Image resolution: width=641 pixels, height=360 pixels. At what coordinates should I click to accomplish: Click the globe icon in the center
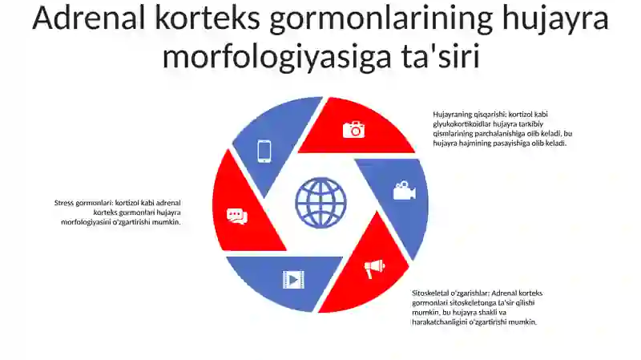point(320,203)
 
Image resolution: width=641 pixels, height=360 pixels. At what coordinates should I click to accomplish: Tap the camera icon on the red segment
point(353,129)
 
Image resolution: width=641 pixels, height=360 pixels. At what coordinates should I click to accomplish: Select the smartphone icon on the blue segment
point(264,151)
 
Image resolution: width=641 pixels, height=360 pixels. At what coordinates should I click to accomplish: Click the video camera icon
point(404,191)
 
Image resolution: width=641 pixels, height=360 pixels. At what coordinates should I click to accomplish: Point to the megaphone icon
point(375,269)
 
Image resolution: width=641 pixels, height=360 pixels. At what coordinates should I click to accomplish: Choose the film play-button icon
point(293,278)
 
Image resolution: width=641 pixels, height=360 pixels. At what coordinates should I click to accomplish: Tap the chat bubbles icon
point(236,216)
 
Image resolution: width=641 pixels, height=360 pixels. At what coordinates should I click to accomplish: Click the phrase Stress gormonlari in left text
point(83,203)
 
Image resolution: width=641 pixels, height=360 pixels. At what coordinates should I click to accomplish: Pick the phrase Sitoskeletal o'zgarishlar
point(450,293)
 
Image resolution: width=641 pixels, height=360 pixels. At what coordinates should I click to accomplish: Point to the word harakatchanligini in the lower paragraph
point(441,322)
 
